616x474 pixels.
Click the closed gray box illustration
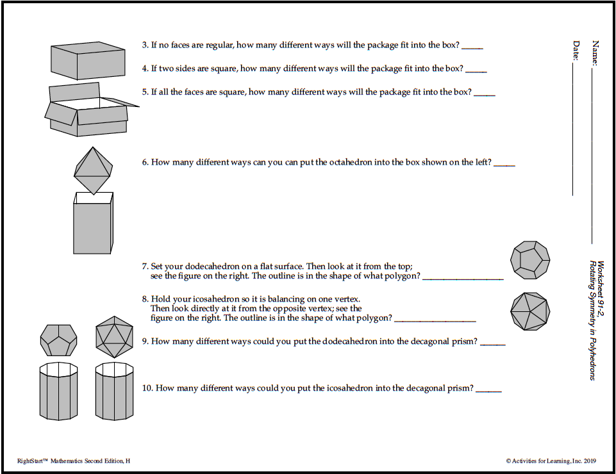[x=87, y=61]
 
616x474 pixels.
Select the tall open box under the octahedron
[x=93, y=224]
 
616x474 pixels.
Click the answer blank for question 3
[x=472, y=47]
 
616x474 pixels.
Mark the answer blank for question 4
[x=476, y=70]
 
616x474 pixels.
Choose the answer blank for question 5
[x=484, y=94]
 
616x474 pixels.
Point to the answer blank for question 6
[x=504, y=165]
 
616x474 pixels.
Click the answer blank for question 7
[x=463, y=278]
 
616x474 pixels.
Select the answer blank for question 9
[x=492, y=343]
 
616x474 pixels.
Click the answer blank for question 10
[x=488, y=390]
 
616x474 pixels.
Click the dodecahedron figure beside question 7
[x=530, y=260]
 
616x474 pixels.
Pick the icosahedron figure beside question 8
[x=530, y=312]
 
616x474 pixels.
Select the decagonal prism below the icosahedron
[x=114, y=390]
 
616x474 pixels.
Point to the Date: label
[x=576, y=51]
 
